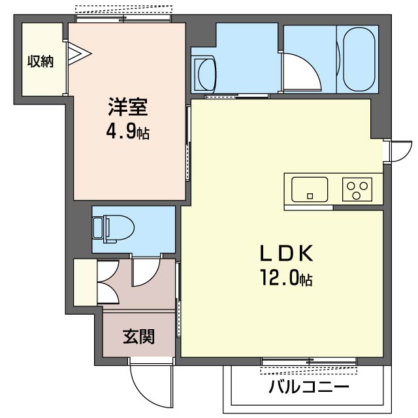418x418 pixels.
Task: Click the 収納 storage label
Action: [x=40, y=61]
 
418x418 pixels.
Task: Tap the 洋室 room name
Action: [x=128, y=107]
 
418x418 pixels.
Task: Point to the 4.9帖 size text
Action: [x=128, y=132]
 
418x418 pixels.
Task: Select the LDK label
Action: [x=286, y=253]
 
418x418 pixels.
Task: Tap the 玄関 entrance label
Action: [x=138, y=336]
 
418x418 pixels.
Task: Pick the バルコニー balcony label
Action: [x=309, y=387]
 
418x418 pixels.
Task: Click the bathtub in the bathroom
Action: [x=359, y=59]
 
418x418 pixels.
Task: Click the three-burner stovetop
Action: [x=357, y=189]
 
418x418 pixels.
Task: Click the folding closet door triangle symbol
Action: [x=79, y=54]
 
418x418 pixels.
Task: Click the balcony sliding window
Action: [x=309, y=361]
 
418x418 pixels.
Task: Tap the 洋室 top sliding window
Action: [x=123, y=19]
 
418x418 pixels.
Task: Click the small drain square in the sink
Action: [x=310, y=196]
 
